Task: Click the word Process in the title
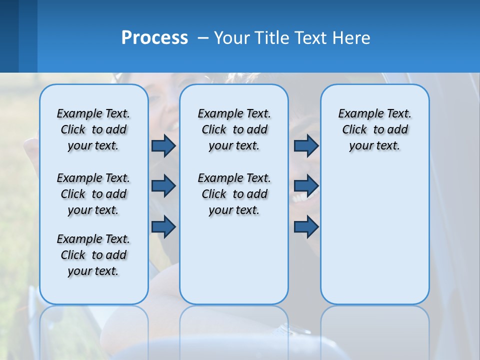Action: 154,38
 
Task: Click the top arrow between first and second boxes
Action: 163,146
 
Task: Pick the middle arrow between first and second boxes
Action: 163,186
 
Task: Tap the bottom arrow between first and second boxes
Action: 163,227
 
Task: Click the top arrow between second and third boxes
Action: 306,146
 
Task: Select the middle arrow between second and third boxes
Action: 306,186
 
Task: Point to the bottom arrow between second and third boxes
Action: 306,227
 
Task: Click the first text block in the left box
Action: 93,129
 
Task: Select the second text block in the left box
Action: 93,194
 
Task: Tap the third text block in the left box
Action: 93,255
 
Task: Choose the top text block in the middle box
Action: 234,129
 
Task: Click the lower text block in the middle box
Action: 234,194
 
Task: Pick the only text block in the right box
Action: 375,129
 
